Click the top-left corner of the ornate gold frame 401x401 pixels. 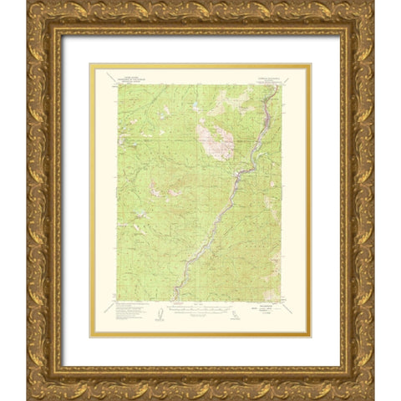pyautogui.click(x=28, y=3)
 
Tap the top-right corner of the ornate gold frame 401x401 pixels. pyautogui.click(x=373, y=3)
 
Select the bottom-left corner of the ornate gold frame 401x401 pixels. pyautogui.click(x=28, y=398)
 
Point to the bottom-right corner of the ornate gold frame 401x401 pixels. pyautogui.click(x=373, y=398)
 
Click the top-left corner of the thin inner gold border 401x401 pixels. pyautogui.click(x=90, y=64)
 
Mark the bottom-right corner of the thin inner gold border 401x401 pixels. pyautogui.click(x=311, y=337)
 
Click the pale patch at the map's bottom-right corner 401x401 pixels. pyautogui.click(x=273, y=294)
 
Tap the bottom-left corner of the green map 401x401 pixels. pyautogui.click(x=117, y=300)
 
